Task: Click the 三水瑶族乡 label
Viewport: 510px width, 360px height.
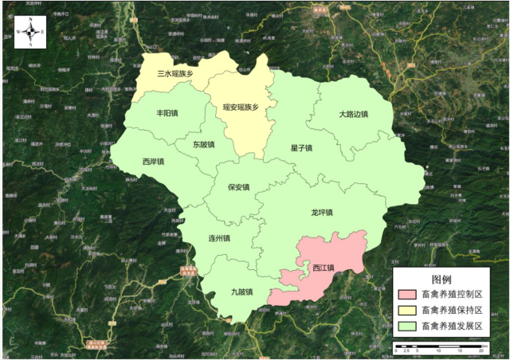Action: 175,73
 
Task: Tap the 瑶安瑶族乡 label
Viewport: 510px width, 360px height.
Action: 241,107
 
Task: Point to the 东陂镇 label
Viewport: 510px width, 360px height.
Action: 203,145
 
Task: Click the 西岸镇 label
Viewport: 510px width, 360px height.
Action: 153,162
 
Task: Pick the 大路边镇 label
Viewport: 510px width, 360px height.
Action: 353,114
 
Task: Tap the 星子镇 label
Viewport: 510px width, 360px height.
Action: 301,148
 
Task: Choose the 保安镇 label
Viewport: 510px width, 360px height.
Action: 238,187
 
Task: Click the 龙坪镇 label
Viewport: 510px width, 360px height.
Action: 321,213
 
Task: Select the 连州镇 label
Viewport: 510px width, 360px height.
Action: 218,238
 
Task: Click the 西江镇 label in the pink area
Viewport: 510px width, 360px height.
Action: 323,267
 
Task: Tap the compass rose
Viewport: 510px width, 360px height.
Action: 29,33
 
